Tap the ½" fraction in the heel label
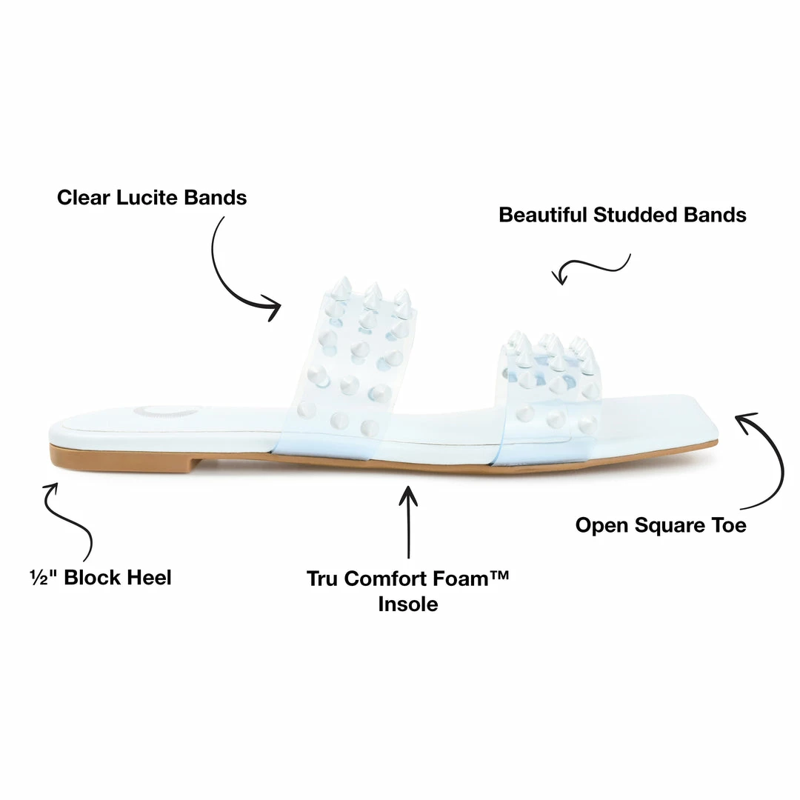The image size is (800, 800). [x=42, y=578]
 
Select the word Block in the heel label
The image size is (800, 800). [x=93, y=578]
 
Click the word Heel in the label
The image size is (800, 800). [x=150, y=578]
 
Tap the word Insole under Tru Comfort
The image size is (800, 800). [x=408, y=604]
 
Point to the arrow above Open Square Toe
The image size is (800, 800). [x=770, y=459]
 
